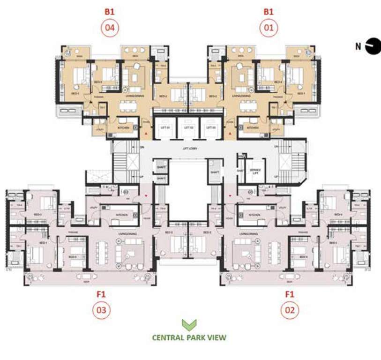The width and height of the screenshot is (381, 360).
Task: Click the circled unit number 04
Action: point(111,27)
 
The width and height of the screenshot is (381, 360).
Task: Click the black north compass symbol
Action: point(373,46)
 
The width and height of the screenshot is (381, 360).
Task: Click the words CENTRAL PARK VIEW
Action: point(189,337)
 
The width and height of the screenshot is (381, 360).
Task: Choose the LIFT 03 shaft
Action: point(211,128)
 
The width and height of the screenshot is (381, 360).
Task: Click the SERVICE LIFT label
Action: point(255,170)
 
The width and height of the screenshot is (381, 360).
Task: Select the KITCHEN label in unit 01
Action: point(253,127)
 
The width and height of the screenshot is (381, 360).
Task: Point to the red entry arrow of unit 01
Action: point(230,135)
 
